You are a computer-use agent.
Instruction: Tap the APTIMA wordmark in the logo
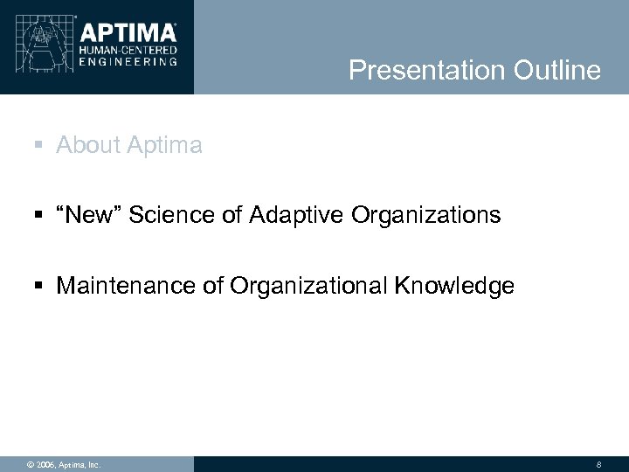coord(128,32)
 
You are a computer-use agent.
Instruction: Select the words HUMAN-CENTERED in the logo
coord(128,52)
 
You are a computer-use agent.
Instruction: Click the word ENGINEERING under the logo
coord(128,62)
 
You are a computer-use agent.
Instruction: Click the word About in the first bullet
coord(87,145)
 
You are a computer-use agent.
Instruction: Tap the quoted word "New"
coord(90,215)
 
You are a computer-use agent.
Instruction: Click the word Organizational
coord(294,285)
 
